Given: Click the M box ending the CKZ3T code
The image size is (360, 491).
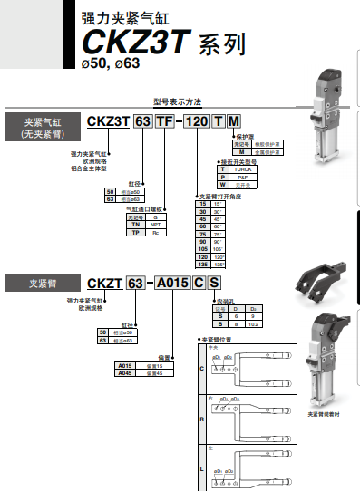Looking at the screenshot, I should (x=236, y=122).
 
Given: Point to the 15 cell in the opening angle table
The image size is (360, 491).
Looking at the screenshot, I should (x=201, y=205).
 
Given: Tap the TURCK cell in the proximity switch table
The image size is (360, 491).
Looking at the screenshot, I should (x=244, y=168).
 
